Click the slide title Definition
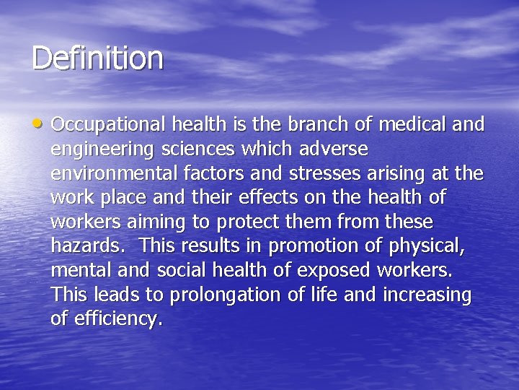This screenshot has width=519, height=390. tap(97, 58)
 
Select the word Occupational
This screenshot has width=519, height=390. tap(109, 126)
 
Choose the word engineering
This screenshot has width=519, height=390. tap(103, 150)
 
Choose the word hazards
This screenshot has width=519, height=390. tap(84, 246)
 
